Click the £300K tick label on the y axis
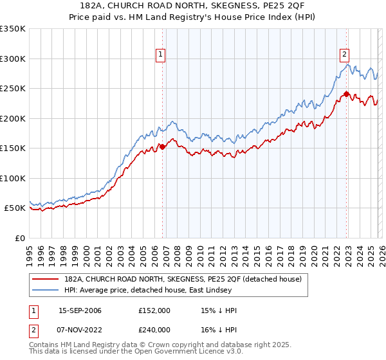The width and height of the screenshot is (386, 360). (x=13, y=59)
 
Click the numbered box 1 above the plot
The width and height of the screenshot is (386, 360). (x=160, y=55)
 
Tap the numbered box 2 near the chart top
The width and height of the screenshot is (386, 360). (x=345, y=55)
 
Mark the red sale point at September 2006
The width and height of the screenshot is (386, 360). (x=162, y=147)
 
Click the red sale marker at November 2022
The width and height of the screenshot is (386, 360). (x=346, y=94)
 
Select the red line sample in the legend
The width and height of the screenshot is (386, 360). (x=45, y=279)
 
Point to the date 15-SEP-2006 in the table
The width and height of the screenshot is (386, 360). (x=80, y=310)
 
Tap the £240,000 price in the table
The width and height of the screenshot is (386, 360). (x=154, y=330)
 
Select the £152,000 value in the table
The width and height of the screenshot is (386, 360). (x=154, y=310)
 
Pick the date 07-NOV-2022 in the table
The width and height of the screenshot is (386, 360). (x=80, y=330)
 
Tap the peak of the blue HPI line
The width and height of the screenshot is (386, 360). (x=347, y=64)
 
